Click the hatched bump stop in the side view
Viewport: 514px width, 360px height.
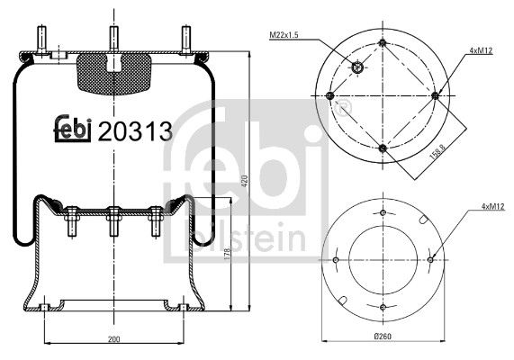click(x=112, y=74)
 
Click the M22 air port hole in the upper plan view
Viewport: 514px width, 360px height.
click(x=357, y=67)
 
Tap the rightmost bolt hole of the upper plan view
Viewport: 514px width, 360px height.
click(x=435, y=95)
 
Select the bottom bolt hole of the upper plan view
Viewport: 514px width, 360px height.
click(x=383, y=148)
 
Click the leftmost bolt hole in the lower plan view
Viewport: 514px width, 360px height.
click(x=336, y=261)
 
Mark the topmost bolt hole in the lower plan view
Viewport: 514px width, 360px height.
click(x=383, y=213)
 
